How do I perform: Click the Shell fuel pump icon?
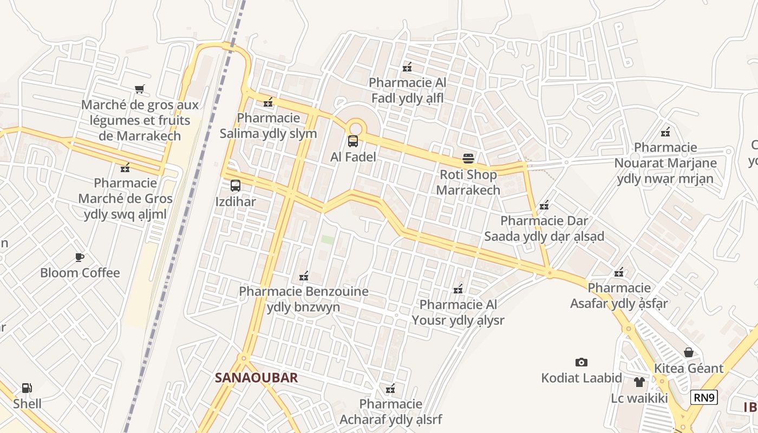click(27, 388)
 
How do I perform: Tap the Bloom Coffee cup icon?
click(80, 257)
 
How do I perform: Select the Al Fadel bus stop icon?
click(353, 141)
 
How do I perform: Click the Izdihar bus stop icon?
click(236, 186)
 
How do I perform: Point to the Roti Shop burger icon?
click(468, 159)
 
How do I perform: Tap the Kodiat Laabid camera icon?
click(581, 362)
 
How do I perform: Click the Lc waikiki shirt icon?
click(639, 382)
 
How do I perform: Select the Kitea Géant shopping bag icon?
click(688, 352)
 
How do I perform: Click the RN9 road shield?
click(704, 398)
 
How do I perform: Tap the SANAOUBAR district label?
click(256, 377)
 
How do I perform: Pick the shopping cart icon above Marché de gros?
click(140, 89)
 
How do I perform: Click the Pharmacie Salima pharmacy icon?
click(268, 102)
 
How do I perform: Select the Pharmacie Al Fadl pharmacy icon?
click(407, 67)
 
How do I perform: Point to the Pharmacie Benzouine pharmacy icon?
click(304, 276)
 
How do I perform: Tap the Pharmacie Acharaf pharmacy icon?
click(390, 388)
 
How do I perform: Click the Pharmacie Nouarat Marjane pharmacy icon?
click(665, 132)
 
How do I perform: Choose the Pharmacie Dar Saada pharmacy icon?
click(544, 205)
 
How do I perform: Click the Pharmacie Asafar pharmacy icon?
click(619, 272)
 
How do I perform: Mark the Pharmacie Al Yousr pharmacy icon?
click(458, 289)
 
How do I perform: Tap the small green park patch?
click(328, 239)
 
